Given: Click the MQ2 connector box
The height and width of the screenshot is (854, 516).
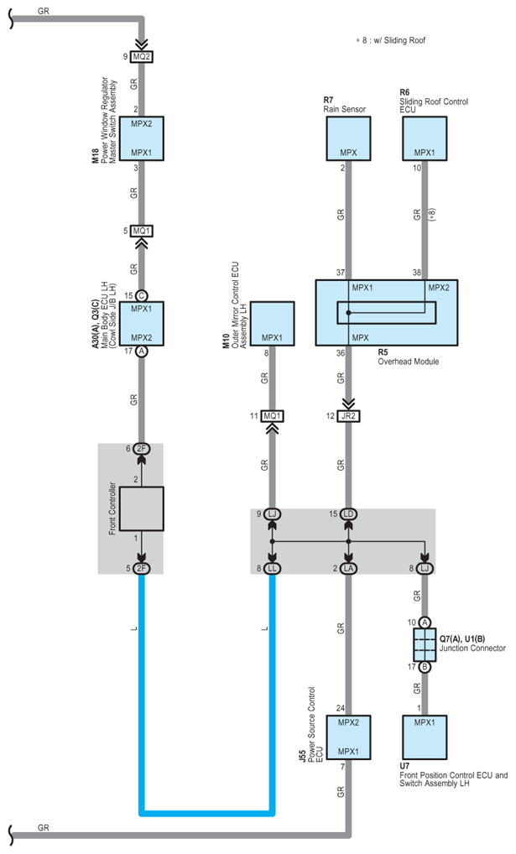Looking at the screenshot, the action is click(x=141, y=56).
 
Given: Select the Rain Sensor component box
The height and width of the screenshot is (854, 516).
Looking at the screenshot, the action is click(x=348, y=138).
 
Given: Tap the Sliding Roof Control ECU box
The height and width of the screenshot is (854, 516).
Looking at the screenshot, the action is click(x=425, y=138).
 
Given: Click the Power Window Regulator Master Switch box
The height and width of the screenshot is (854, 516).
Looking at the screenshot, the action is click(x=141, y=138).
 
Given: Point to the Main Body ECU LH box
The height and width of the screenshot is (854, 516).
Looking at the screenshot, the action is click(x=141, y=324).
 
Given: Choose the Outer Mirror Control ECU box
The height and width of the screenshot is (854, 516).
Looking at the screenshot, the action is click(x=272, y=324).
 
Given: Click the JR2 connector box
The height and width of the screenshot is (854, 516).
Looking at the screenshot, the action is click(x=348, y=416).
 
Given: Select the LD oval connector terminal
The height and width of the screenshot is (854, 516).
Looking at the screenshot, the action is click(x=348, y=514).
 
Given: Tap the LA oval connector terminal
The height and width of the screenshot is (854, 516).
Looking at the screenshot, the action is click(x=348, y=569).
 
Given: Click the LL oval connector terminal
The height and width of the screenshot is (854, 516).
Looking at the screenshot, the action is click(x=272, y=569).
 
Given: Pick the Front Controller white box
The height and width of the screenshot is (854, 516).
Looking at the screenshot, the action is click(x=141, y=508).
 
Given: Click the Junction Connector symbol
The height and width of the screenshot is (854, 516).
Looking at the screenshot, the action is click(x=425, y=645).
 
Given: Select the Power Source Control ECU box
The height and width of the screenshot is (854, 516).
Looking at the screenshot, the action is click(x=348, y=737).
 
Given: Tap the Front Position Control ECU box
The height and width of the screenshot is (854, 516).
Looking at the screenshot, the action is click(x=425, y=737).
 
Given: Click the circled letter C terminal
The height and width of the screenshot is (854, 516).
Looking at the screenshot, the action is click(x=141, y=296).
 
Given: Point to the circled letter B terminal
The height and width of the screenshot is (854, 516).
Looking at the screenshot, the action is click(x=425, y=667).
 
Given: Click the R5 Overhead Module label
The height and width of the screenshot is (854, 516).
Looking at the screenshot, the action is click(x=408, y=357).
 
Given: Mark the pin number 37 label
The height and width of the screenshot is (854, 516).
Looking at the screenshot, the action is click(x=340, y=273).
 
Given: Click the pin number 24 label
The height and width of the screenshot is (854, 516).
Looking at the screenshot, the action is click(x=340, y=709).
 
